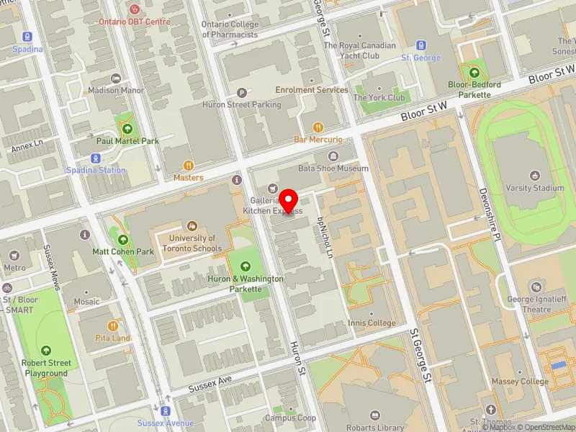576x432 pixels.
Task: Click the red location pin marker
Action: pyautogui.click(x=289, y=201)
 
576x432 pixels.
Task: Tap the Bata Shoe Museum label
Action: pyautogui.click(x=333, y=168)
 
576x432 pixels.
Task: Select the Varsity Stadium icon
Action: pyautogui.click(x=535, y=175)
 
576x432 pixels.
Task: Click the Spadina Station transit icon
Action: pyautogui.click(x=95, y=158)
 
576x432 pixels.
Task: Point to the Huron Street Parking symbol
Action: pyautogui.click(x=242, y=93)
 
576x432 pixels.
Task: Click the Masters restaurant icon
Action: pyautogui.click(x=188, y=165)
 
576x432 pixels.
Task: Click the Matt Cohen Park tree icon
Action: pyautogui.click(x=123, y=240)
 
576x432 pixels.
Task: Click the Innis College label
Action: pyautogui.click(x=372, y=323)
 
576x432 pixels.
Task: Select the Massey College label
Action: pyautogui.click(x=520, y=382)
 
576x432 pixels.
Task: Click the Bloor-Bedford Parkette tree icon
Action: pyautogui.click(x=474, y=72)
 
